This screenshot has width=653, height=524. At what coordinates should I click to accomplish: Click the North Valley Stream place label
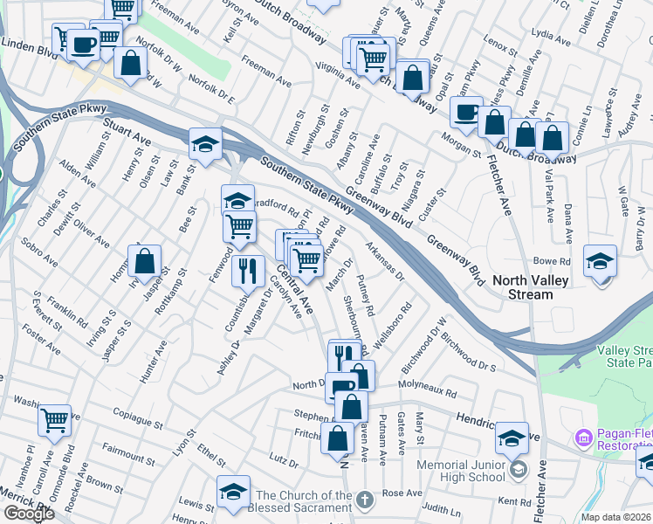click(x=535, y=287)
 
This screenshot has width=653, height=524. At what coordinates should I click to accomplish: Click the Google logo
click(x=29, y=514)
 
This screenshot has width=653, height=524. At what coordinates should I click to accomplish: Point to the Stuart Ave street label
click(x=127, y=139)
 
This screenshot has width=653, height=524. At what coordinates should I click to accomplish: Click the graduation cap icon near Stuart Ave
click(x=205, y=145)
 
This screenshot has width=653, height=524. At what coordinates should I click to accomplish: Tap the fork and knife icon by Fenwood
click(x=248, y=271)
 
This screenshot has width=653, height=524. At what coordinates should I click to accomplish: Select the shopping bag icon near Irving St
click(x=144, y=261)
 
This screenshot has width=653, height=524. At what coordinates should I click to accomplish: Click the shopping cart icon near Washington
click(x=55, y=421)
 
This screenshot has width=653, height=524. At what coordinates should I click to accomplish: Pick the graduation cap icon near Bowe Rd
click(x=600, y=261)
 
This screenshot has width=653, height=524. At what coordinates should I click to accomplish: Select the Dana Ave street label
click(x=568, y=224)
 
